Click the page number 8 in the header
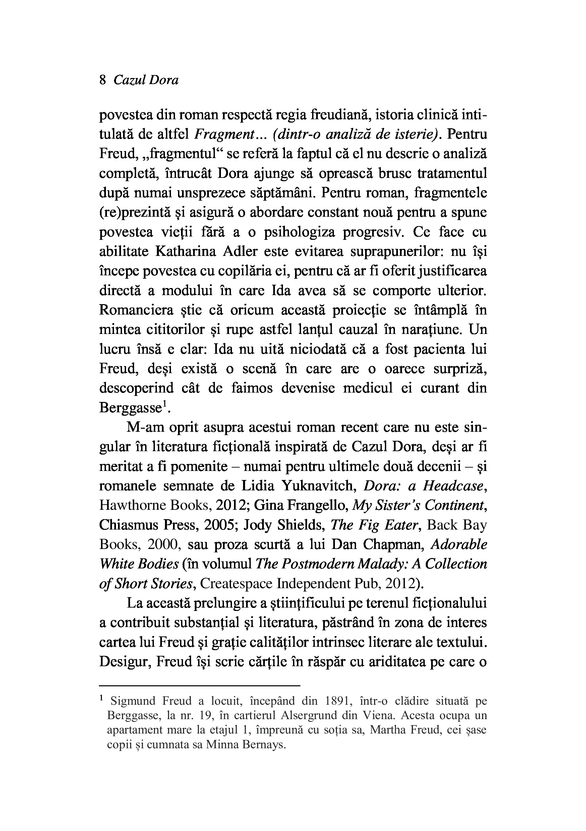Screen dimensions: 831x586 point(103,80)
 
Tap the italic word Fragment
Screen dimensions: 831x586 point(223,135)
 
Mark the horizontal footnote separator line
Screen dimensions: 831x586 point(199,686)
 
